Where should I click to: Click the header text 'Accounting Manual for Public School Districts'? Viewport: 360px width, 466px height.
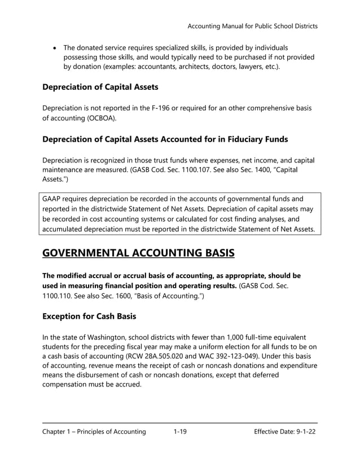click(x=252, y=26)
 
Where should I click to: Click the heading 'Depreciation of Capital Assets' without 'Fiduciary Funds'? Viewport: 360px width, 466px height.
click(x=100, y=87)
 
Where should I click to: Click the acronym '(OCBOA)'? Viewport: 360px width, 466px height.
click(x=104, y=118)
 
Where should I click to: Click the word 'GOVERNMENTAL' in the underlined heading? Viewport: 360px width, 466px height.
click(x=100, y=252)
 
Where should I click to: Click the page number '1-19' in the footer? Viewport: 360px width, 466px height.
click(x=180, y=432)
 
